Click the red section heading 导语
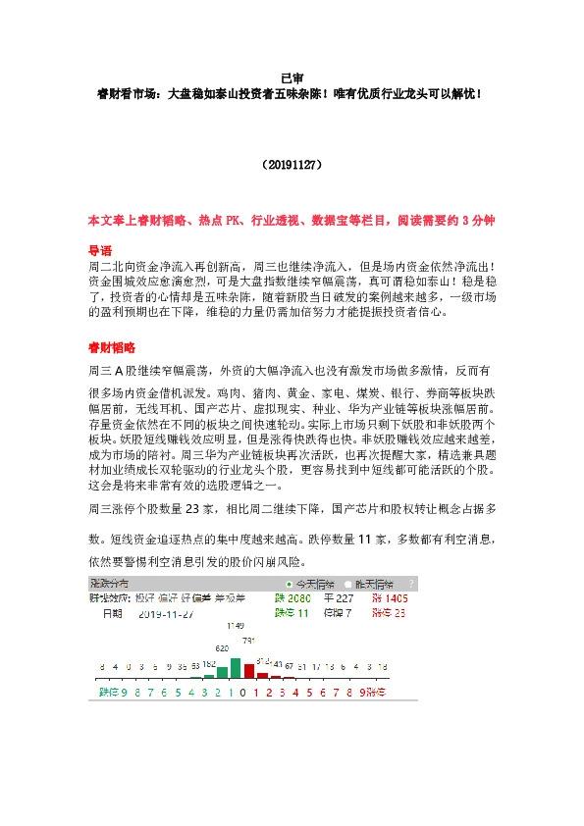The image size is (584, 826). pos(101,249)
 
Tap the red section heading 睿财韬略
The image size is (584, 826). pos(108,347)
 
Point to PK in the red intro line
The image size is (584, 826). pos(233,223)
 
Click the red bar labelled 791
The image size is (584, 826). pos(248,670)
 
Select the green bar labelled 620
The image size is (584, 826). pos(223,672)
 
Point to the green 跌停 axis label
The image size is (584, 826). pos(108,691)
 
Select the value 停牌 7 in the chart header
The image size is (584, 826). pos(339,613)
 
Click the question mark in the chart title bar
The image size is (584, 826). pos(411,584)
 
